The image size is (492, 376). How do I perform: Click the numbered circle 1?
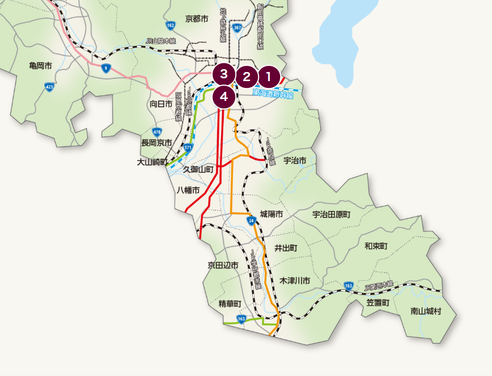coord(269,76)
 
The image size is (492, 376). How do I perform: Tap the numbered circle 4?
coord(224,97)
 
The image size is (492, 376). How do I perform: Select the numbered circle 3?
coord(224,74)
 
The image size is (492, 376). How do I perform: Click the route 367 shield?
coord(237,27)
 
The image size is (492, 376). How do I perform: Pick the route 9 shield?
coord(105,69)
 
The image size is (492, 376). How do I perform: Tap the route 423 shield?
coord(49,87)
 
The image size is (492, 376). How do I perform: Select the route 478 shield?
coord(157,131)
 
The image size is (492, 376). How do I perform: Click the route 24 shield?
coord(251,220)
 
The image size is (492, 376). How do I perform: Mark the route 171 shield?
coord(188,147)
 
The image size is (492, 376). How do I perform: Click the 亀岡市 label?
coord(40,66)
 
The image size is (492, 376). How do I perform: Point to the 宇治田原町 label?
coord(332,214)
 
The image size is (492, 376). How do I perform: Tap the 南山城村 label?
coord(426,311)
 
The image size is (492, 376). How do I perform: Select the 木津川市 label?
coord(295,281)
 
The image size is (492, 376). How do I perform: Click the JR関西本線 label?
coord(379,286)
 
